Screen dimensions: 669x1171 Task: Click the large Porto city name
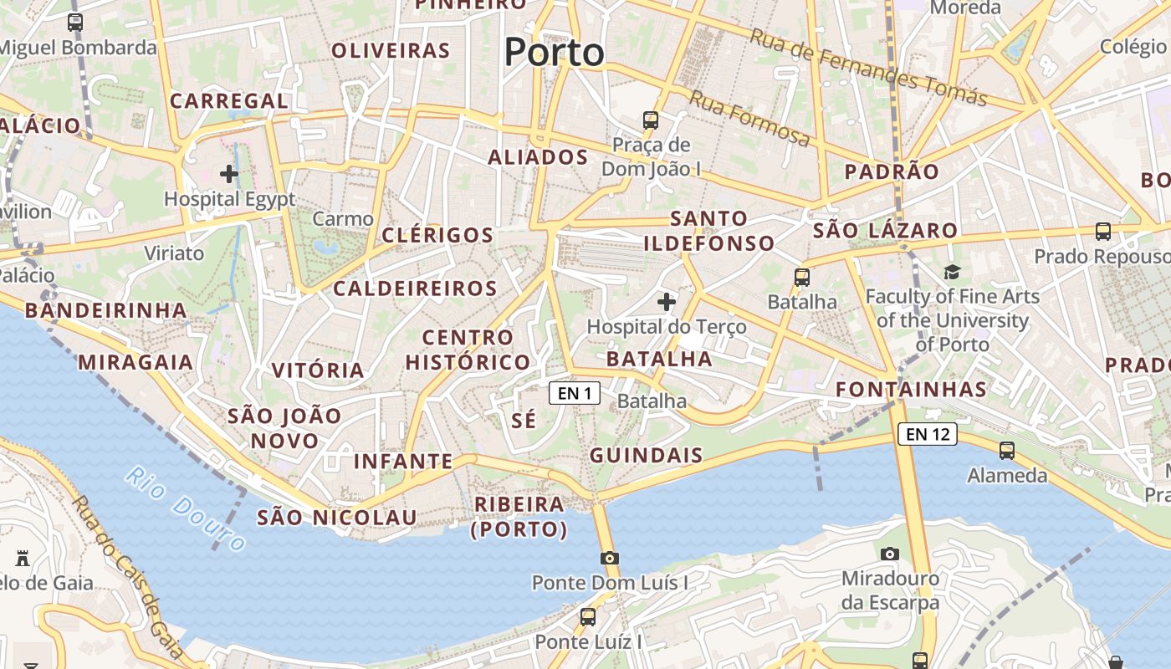(x=554, y=53)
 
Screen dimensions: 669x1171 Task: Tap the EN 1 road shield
(x=575, y=393)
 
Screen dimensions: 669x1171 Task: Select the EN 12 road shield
(x=927, y=434)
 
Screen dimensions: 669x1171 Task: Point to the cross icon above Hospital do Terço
(x=667, y=302)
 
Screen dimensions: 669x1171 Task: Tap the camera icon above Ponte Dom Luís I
(x=609, y=558)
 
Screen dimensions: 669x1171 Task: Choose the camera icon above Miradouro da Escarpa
(x=890, y=554)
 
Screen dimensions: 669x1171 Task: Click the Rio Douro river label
(x=186, y=508)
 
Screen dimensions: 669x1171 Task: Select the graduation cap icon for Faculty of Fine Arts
(x=952, y=272)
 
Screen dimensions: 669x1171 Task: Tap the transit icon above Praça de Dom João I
(x=650, y=120)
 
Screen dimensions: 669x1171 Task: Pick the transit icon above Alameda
(x=1007, y=451)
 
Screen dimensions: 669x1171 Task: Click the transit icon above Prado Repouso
(x=1103, y=232)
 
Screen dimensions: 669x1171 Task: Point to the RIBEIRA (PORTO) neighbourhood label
(x=519, y=517)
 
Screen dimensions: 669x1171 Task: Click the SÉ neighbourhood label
(x=524, y=420)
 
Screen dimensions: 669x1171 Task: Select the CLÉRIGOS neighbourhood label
(x=437, y=235)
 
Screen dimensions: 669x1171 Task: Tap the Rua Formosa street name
(x=749, y=118)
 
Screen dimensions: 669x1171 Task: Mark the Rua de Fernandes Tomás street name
(x=867, y=68)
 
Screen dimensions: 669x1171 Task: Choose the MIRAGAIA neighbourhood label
(x=136, y=363)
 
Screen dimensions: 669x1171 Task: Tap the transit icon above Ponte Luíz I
(x=588, y=617)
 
